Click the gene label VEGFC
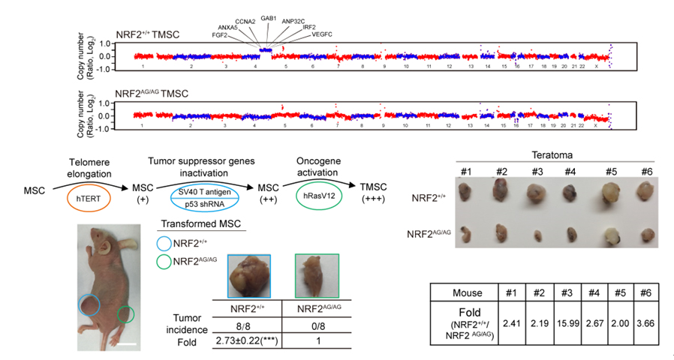coord(320,34)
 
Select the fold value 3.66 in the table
coord(645,316)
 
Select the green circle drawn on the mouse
coord(126,313)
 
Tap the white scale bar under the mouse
coord(126,345)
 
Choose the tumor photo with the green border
coord(317,277)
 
